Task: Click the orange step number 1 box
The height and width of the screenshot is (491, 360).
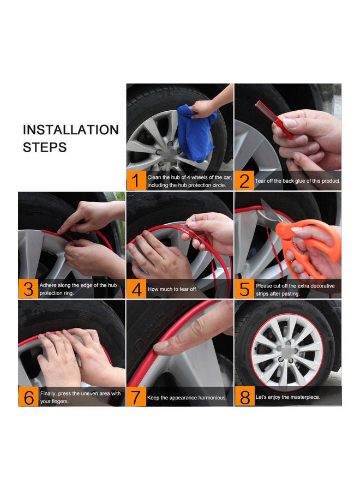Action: (x=136, y=181)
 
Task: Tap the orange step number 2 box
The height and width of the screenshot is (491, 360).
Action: (x=244, y=181)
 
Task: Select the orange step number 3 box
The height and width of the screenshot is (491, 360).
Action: (x=28, y=289)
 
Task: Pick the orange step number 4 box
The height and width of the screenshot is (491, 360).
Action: (x=136, y=289)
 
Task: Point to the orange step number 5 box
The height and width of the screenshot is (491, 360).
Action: (x=244, y=289)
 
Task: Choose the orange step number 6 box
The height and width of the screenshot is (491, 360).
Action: (x=28, y=397)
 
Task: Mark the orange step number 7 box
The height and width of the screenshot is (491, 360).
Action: (x=136, y=397)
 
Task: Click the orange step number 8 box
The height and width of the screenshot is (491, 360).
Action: (x=244, y=397)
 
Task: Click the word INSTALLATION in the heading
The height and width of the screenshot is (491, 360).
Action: (x=71, y=130)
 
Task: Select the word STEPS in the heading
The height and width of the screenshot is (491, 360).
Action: (x=45, y=147)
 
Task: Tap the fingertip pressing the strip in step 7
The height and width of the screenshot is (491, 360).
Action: (x=161, y=346)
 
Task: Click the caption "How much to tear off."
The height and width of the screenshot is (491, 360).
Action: (x=172, y=289)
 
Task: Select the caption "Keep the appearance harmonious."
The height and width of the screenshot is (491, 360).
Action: (x=187, y=398)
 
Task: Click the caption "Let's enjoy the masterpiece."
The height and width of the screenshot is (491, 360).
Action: (x=288, y=397)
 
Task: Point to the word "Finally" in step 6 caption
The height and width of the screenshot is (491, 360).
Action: (x=48, y=393)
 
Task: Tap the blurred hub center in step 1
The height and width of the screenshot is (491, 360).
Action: (x=168, y=153)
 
